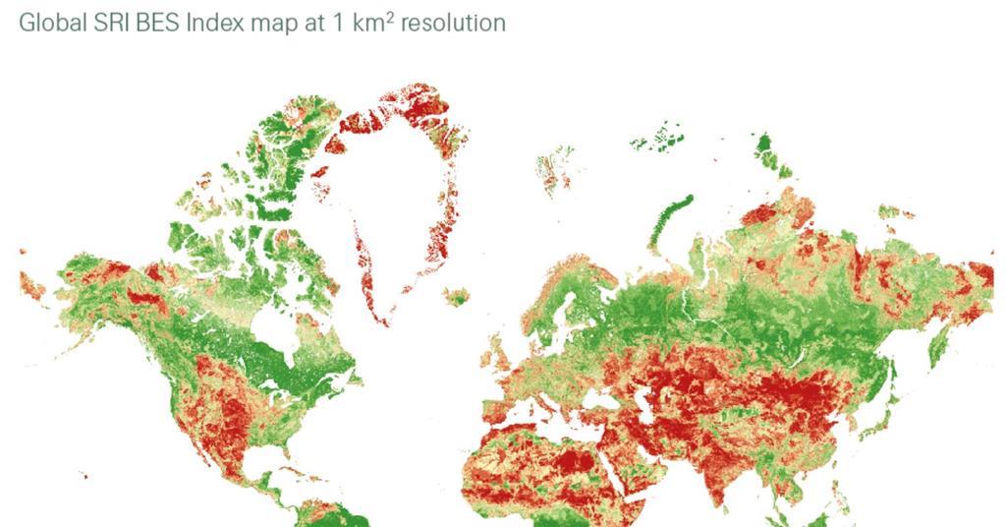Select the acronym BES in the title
click(157, 23)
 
